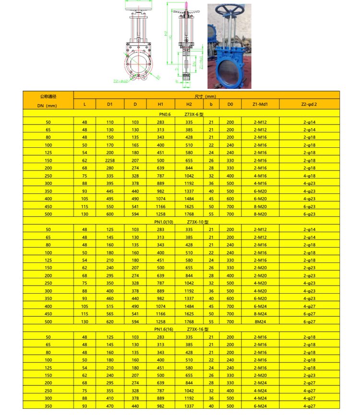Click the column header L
click(84, 103)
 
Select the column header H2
click(189, 103)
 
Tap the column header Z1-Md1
click(260, 103)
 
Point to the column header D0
click(230, 103)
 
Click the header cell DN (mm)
click(48, 105)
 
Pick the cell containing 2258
click(110, 160)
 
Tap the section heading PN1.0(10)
click(164, 222)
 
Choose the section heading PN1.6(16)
click(164, 330)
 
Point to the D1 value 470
click(110, 405)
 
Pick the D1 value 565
click(110, 314)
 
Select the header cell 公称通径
click(48, 96)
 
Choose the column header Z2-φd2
click(309, 103)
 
